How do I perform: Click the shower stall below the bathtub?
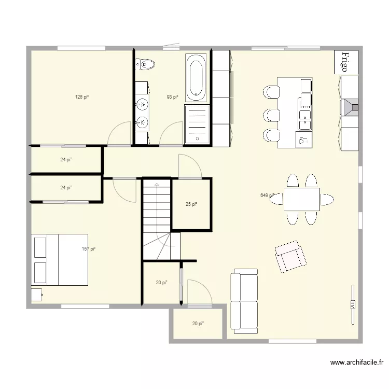click(x=197, y=124)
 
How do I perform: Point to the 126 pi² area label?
click(x=82, y=96)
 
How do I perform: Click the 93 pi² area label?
click(x=172, y=96)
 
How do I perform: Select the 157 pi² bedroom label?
click(x=89, y=249)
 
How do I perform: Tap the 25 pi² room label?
click(x=191, y=204)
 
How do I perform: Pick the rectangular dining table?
click(x=301, y=199)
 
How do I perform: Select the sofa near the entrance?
click(x=244, y=301)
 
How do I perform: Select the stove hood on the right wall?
click(x=350, y=107)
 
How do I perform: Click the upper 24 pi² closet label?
click(x=66, y=160)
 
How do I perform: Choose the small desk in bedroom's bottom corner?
click(x=36, y=295)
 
